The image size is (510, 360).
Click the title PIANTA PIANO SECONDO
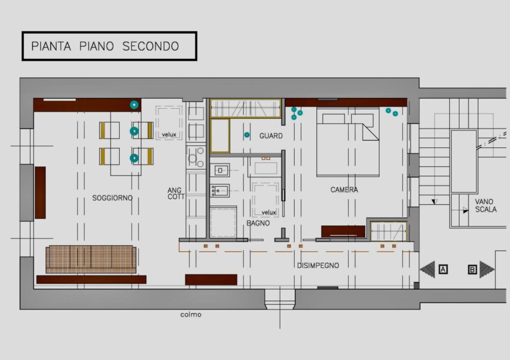[x=105, y=46]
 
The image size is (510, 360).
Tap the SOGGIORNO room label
[x=112, y=198]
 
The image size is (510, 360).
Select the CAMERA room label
[x=344, y=189]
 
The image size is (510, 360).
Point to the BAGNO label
[x=258, y=223]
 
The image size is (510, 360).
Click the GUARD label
[x=271, y=136]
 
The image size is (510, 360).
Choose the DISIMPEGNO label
[x=318, y=266]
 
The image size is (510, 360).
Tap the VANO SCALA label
[x=485, y=206]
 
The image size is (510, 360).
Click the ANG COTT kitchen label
[x=176, y=194]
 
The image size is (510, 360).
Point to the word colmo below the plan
[x=191, y=314]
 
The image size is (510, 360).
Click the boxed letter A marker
[x=443, y=269]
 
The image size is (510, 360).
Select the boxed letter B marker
[x=472, y=269]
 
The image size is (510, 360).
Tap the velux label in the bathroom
[x=269, y=212]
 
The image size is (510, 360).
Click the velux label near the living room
[x=169, y=135]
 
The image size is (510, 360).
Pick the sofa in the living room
[x=91, y=259]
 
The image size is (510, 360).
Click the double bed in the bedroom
[x=348, y=142]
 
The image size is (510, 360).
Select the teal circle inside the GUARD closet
[x=247, y=135]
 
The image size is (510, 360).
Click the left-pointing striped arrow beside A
[x=428, y=269]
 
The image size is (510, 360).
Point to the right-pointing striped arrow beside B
[x=487, y=269]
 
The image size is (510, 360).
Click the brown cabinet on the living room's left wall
[x=40, y=192]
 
